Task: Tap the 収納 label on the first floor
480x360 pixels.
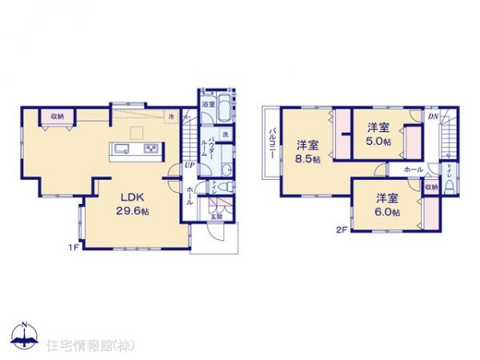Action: pyautogui.click(x=58, y=117)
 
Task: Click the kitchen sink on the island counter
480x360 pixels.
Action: pyautogui.click(x=121, y=149)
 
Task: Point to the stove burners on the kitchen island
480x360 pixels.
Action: pyautogui.click(x=150, y=149)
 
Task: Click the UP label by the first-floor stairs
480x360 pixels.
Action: pyautogui.click(x=188, y=166)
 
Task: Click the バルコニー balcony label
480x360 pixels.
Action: pyautogui.click(x=273, y=144)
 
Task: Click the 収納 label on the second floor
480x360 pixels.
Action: pyautogui.click(x=431, y=188)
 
